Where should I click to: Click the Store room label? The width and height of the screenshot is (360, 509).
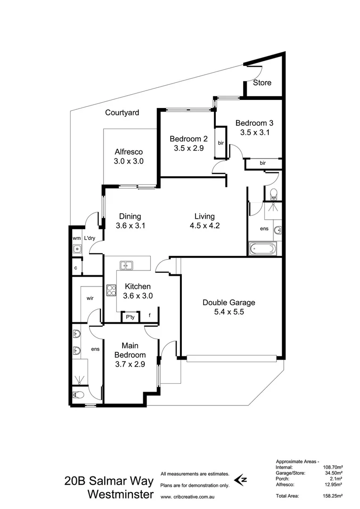(x=262, y=82)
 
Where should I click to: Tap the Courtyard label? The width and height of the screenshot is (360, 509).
(x=122, y=113)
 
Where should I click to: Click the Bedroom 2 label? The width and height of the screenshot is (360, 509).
(x=188, y=139)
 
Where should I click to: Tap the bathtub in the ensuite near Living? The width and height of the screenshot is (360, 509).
(x=263, y=247)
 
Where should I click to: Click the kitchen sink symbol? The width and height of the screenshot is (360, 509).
(x=126, y=265)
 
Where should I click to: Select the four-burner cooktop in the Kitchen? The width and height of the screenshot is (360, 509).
(x=111, y=290)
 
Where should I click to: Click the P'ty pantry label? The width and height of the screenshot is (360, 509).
(x=129, y=318)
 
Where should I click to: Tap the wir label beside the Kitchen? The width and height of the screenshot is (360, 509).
(x=90, y=298)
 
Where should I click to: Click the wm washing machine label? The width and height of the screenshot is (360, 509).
(x=76, y=238)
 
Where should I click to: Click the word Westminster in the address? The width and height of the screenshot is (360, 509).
(x=121, y=494)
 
